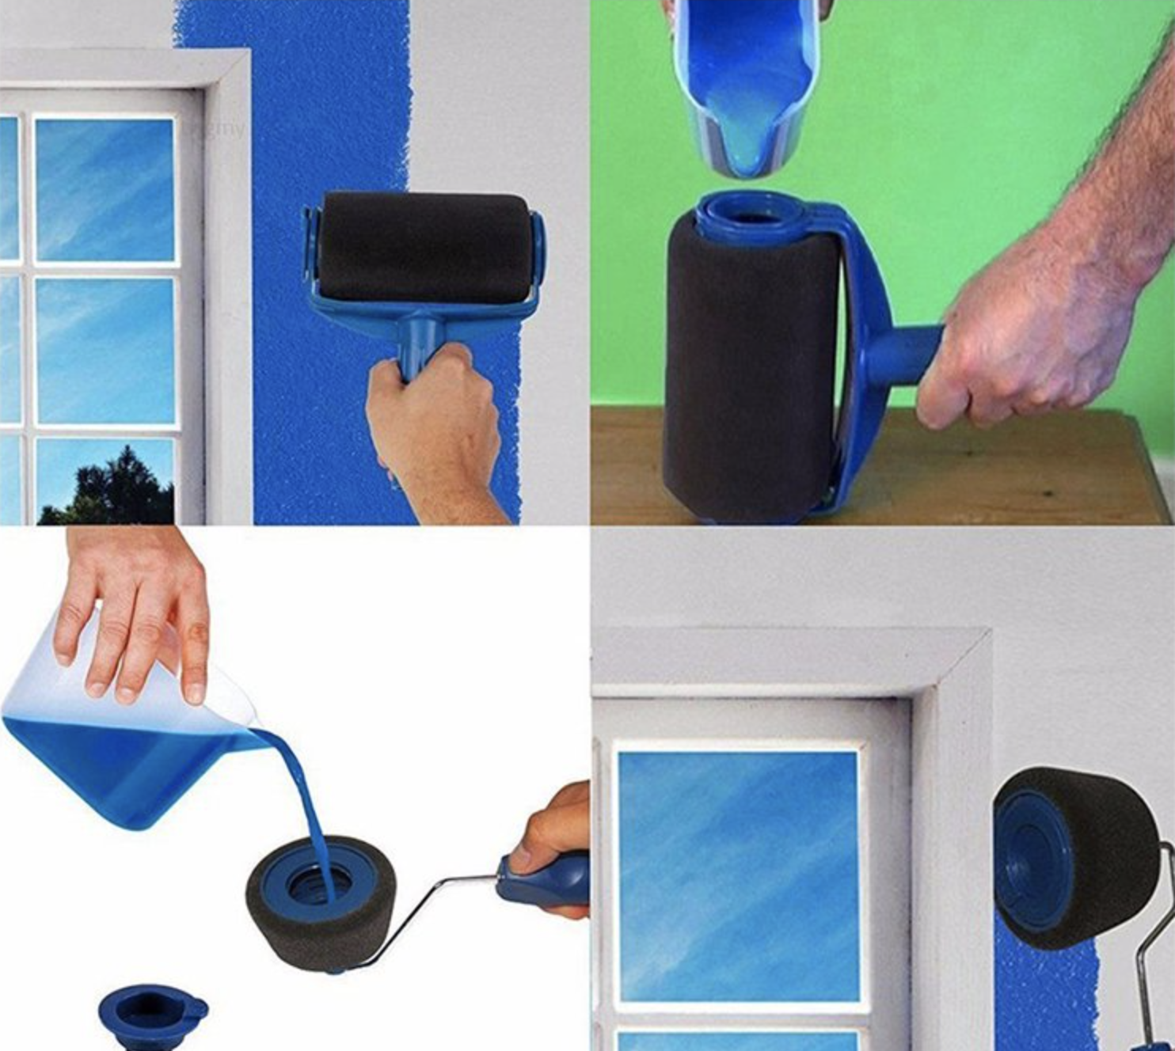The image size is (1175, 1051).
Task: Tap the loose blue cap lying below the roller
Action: (150, 1013)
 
